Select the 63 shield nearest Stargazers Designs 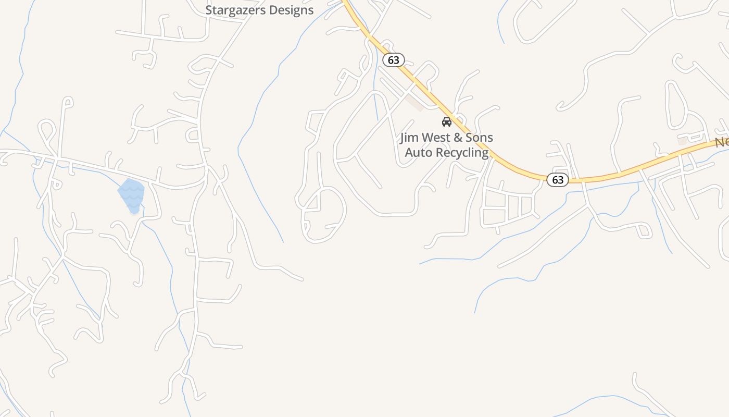pos(394,60)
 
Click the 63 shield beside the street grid pos(558,180)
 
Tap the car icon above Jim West pos(446,122)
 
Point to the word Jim pos(410,138)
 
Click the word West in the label pos(438,138)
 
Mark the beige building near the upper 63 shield pos(415,102)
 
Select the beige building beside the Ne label pos(682,141)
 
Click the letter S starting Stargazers pos(209,10)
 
